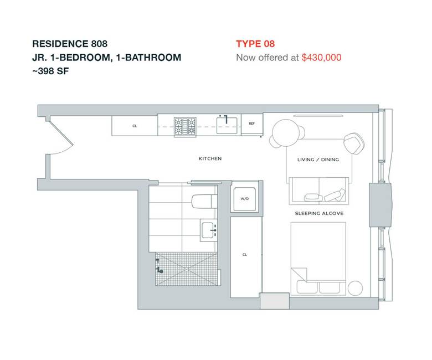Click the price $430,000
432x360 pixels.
click(321, 58)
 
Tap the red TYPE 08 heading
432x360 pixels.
click(255, 44)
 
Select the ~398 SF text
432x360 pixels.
click(50, 71)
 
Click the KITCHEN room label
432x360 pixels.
click(210, 158)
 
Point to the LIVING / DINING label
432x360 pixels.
click(318, 160)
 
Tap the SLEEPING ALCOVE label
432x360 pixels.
click(319, 213)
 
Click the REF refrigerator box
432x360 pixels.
click(252, 124)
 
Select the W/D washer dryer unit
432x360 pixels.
click(244, 199)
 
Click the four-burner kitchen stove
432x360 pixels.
click(185, 127)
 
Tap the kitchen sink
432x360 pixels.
click(227, 125)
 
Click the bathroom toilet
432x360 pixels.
click(204, 202)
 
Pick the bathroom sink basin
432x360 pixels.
click(208, 230)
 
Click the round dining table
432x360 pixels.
click(286, 133)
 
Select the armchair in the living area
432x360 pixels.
click(354, 143)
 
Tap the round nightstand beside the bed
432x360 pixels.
click(356, 288)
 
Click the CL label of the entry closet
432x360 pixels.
click(135, 126)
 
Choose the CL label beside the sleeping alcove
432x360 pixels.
click(245, 255)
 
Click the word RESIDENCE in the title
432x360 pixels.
click(60, 44)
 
